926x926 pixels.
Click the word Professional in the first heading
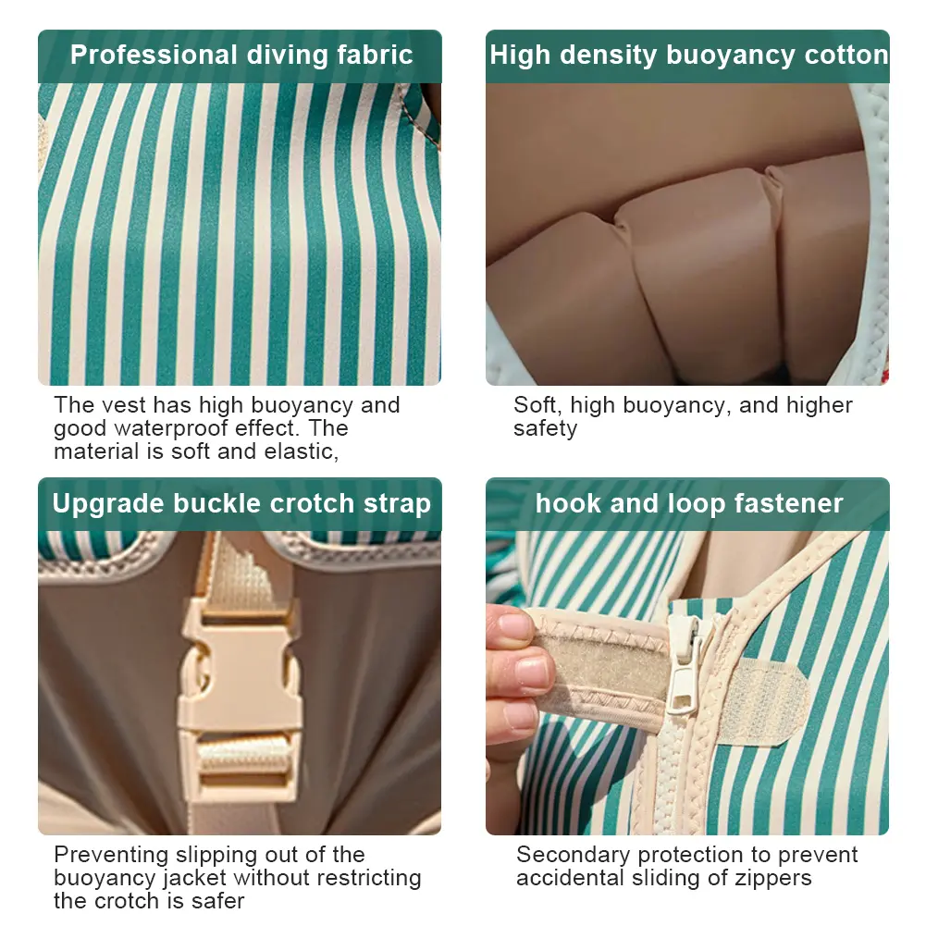point(154,55)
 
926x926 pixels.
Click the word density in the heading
point(609,56)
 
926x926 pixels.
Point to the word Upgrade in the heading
point(108,504)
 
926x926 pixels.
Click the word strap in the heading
point(397,504)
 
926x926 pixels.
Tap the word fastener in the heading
point(788,504)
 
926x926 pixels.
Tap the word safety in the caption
point(545,429)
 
